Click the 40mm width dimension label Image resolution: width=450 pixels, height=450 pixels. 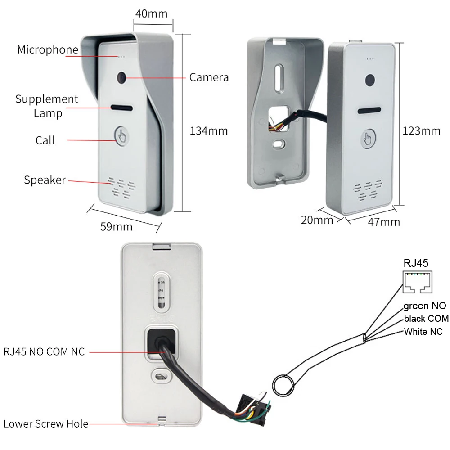tap(151, 13)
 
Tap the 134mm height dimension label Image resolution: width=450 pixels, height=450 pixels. tap(209, 131)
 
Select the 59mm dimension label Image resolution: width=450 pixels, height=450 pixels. tap(116, 226)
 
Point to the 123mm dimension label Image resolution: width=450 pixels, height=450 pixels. tap(421, 131)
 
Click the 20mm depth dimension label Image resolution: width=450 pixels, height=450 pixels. tap(317, 220)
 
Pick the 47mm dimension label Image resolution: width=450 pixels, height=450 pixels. tap(383, 221)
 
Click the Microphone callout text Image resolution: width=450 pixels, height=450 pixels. tap(48, 49)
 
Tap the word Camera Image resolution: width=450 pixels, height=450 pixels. tap(209, 77)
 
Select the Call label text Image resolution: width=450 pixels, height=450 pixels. tap(45, 140)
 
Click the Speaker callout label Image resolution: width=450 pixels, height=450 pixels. tap(45, 180)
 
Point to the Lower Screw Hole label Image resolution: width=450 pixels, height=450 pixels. tap(46, 423)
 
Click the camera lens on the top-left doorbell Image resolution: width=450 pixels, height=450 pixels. tap(122, 78)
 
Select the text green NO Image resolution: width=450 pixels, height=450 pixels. tap(424, 306)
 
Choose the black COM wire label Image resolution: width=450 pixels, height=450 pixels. tap(426, 319)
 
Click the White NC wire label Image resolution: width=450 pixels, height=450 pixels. tap(423, 332)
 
